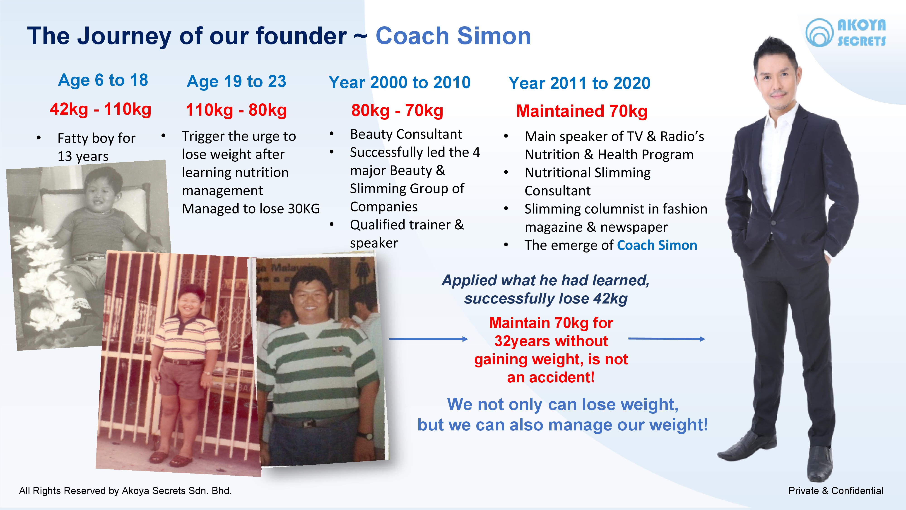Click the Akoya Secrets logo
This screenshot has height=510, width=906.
[846, 33]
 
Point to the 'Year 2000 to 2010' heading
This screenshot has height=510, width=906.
[400, 83]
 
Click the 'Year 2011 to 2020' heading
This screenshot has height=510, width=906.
[579, 83]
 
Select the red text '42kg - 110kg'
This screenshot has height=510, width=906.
[101, 109]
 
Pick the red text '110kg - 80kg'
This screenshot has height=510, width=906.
[236, 110]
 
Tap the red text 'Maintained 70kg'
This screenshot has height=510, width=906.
[582, 111]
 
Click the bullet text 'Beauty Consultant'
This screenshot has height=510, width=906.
[406, 134]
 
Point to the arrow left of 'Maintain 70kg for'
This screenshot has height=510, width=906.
[428, 339]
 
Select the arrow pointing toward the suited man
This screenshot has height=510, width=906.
[667, 339]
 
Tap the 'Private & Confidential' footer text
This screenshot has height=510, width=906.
[836, 491]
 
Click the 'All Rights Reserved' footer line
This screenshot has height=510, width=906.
[125, 491]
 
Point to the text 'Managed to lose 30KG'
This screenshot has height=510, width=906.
[251, 209]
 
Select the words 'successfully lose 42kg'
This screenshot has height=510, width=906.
[545, 299]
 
